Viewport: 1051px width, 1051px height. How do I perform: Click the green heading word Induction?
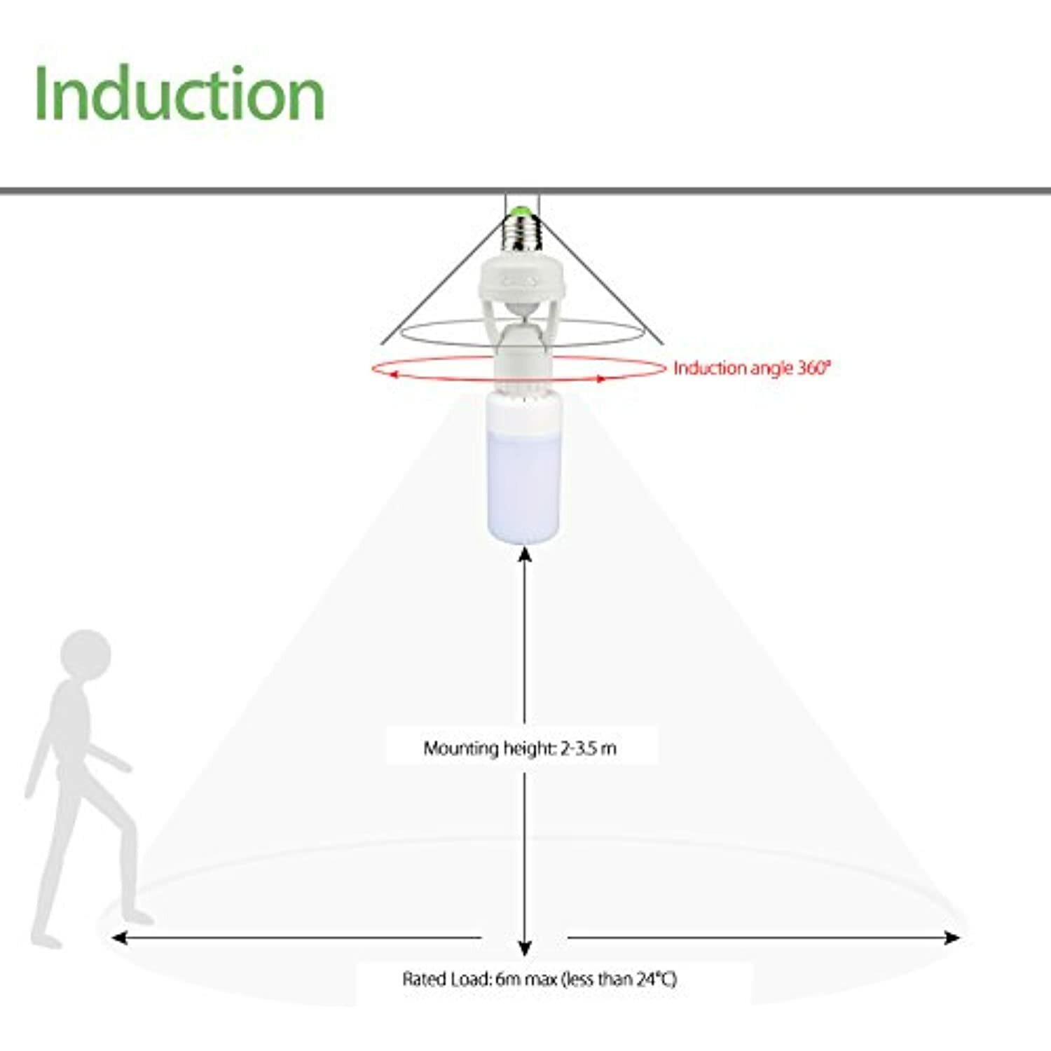[x=179, y=94]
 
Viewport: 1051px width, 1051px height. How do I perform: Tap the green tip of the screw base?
[x=522, y=209]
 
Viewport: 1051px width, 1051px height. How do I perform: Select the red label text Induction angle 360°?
[x=752, y=368]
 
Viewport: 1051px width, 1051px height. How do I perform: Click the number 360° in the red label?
[x=813, y=367]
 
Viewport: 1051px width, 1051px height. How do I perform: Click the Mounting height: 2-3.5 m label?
[x=520, y=748]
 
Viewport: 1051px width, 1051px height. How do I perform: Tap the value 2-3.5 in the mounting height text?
[x=577, y=748]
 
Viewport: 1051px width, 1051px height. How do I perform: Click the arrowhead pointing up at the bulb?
[x=524, y=555]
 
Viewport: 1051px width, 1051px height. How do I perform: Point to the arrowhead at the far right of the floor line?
[x=952, y=937]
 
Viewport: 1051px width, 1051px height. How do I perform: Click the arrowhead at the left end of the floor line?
[x=120, y=937]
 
